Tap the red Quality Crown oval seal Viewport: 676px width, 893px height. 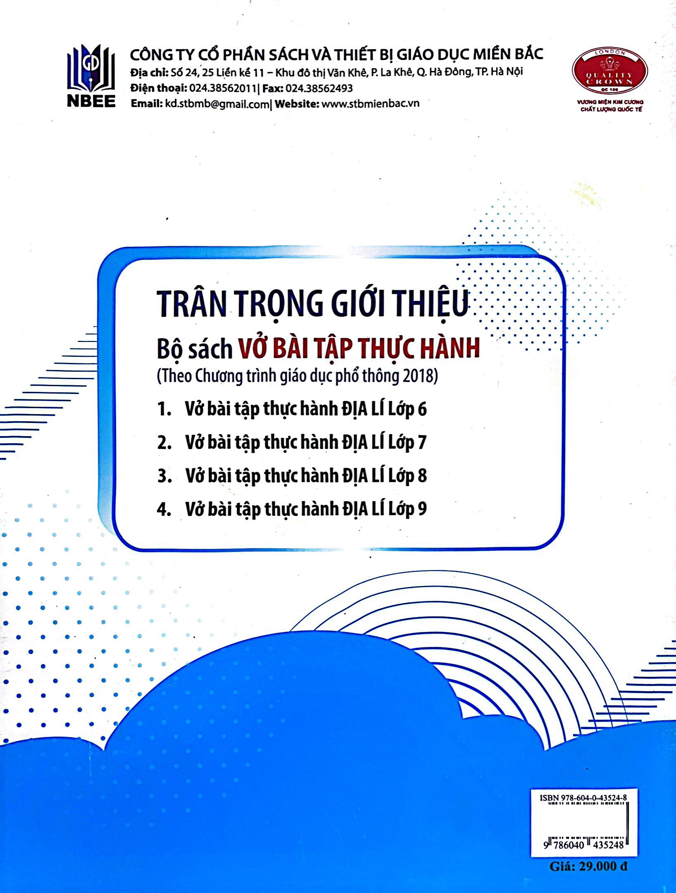(x=609, y=73)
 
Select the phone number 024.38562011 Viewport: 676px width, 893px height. (x=222, y=88)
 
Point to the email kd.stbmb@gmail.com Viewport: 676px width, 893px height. (x=217, y=104)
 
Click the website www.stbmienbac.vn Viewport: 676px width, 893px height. (x=370, y=103)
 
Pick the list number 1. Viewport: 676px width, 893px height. (x=164, y=410)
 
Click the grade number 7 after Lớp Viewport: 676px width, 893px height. (x=421, y=443)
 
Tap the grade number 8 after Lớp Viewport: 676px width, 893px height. (x=422, y=476)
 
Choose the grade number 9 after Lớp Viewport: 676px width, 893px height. (x=422, y=509)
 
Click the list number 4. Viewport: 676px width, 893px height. (x=164, y=509)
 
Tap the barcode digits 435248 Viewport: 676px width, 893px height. (x=607, y=845)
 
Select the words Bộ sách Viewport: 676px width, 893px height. (x=195, y=349)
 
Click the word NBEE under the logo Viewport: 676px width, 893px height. (x=91, y=101)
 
